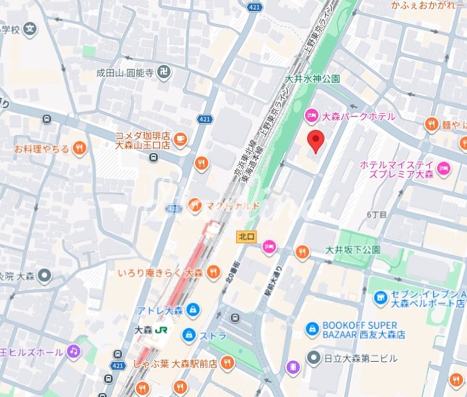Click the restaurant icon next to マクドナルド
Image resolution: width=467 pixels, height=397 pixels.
click(x=194, y=204)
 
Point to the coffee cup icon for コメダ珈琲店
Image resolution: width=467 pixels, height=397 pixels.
click(x=180, y=139)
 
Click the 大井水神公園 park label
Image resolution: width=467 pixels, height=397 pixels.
click(x=312, y=79)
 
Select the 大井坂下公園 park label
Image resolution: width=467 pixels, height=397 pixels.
click(x=353, y=250)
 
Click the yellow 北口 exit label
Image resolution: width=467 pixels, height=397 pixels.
click(x=246, y=235)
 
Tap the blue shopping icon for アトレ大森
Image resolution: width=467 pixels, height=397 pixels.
click(x=192, y=310)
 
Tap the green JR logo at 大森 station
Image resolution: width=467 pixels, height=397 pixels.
click(x=161, y=328)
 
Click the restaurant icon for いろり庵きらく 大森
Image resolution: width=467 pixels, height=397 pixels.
click(x=214, y=272)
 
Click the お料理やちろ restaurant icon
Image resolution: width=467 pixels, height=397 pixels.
click(x=80, y=148)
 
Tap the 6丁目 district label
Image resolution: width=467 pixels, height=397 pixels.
click(x=376, y=215)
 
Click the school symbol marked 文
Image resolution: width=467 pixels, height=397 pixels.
click(x=30, y=29)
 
